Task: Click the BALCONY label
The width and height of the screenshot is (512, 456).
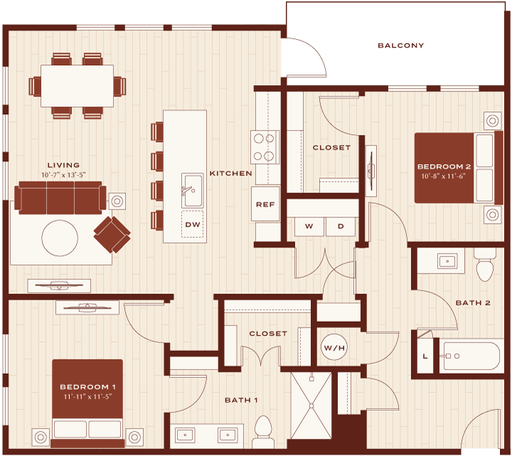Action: [x=400, y=45]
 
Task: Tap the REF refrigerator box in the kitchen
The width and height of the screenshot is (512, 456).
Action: [x=265, y=204]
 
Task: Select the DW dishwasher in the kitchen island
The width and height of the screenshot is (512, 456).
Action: [x=192, y=224]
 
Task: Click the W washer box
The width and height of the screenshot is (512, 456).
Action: [x=309, y=226]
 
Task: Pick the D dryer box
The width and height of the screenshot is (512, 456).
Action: [x=341, y=226]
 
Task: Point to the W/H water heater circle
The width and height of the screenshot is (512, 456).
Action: [x=334, y=348]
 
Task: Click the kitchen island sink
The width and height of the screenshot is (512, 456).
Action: [x=192, y=190]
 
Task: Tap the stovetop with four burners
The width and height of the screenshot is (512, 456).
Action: [x=265, y=147]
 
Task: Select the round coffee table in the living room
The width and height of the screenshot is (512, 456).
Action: [x=60, y=238]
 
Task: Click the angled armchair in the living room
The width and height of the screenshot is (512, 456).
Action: [x=112, y=235]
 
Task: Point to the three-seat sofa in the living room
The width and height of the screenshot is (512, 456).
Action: [x=60, y=198]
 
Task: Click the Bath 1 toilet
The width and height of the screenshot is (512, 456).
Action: [x=263, y=432]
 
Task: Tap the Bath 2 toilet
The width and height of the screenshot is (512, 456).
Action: [x=485, y=265]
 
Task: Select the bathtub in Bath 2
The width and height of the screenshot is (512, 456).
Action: [x=469, y=356]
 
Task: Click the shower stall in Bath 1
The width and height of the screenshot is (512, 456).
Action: [x=311, y=406]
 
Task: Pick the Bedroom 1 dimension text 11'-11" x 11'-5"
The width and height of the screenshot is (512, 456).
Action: [x=88, y=396]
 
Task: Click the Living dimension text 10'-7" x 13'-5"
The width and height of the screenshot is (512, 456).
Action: [x=63, y=175]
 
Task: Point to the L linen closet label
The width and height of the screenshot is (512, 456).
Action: [x=425, y=356]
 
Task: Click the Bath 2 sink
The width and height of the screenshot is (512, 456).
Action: [x=447, y=261]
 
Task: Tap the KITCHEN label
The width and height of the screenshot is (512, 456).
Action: [x=231, y=173]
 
